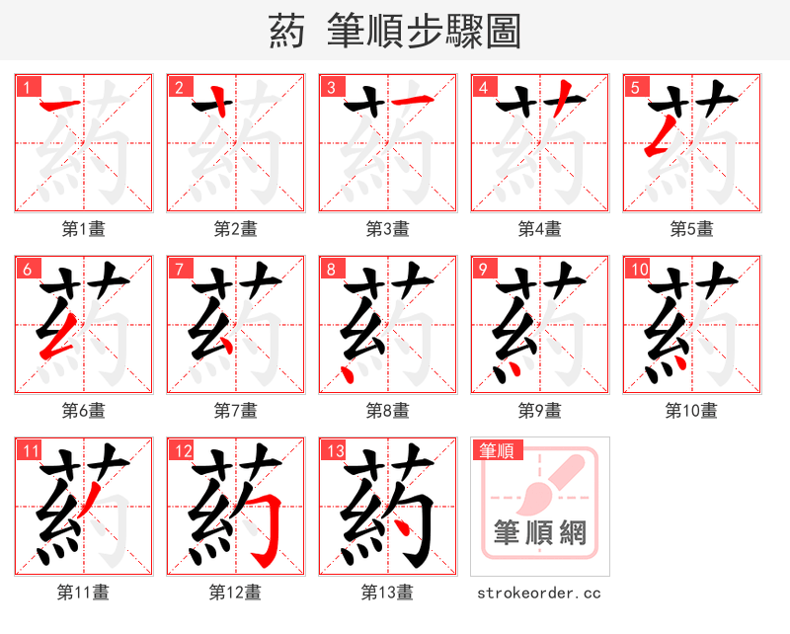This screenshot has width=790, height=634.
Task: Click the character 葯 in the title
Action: tap(286, 32)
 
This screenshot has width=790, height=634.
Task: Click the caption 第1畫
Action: tap(84, 229)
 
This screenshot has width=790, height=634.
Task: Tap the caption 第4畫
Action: tap(540, 229)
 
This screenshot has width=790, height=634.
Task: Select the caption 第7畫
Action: tap(236, 410)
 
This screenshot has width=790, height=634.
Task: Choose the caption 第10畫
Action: tap(691, 410)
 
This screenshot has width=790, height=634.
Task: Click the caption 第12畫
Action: tap(236, 593)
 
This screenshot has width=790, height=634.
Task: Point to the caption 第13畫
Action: tap(387, 593)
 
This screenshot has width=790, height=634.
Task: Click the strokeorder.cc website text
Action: tap(539, 593)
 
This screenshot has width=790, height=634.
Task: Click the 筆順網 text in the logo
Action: tap(540, 534)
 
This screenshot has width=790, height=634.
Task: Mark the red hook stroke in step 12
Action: tap(265, 533)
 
